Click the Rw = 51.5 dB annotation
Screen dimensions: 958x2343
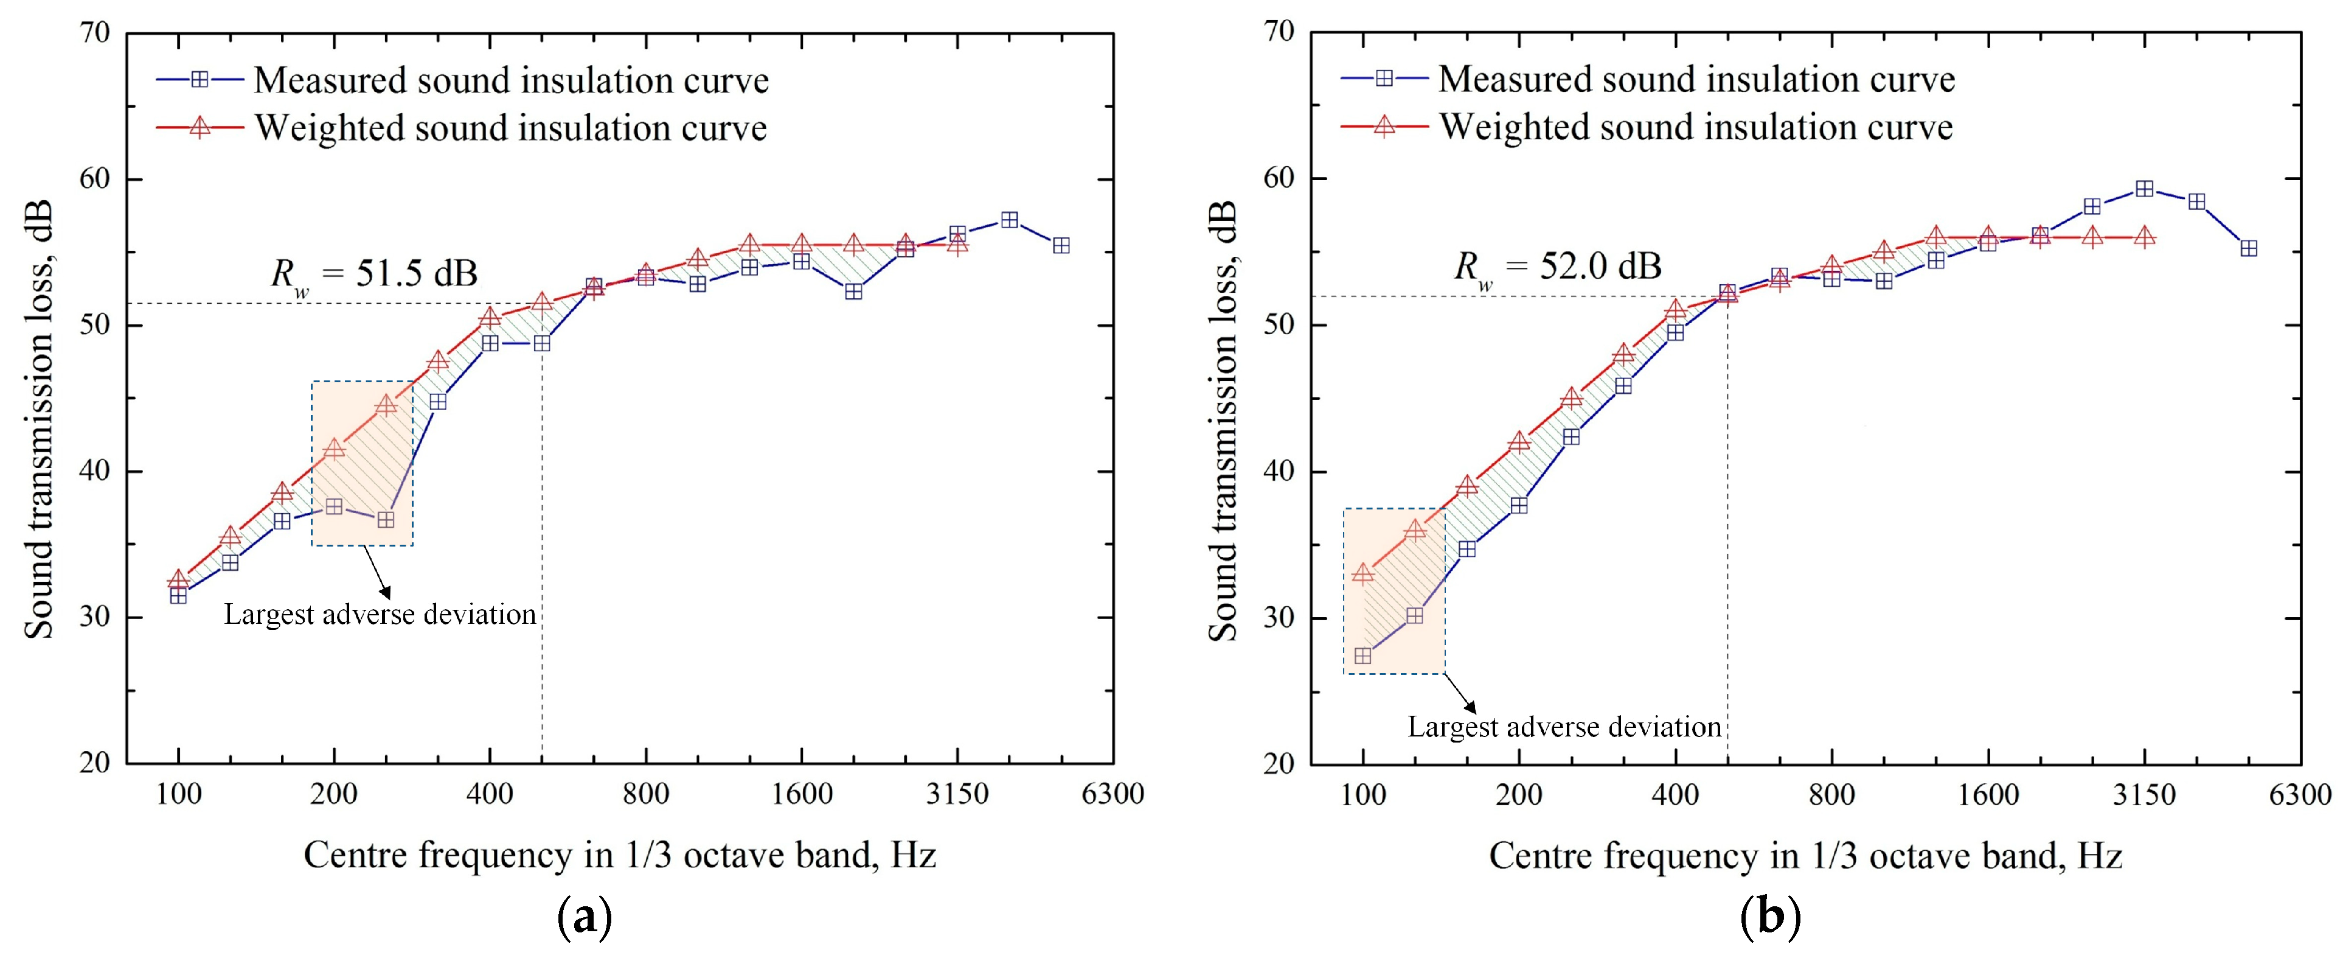[374, 273]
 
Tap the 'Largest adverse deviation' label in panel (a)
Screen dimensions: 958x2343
[380, 615]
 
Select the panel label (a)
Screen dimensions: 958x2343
[583, 919]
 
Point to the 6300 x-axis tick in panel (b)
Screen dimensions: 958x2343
[2300, 794]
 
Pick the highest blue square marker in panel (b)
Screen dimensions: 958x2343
[2144, 189]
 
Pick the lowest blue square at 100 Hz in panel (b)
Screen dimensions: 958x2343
[1362, 656]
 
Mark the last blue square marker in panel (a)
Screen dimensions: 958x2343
[1061, 246]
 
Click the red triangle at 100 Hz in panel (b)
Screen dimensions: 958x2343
[1362, 573]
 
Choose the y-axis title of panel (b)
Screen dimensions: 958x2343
[1223, 421]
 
